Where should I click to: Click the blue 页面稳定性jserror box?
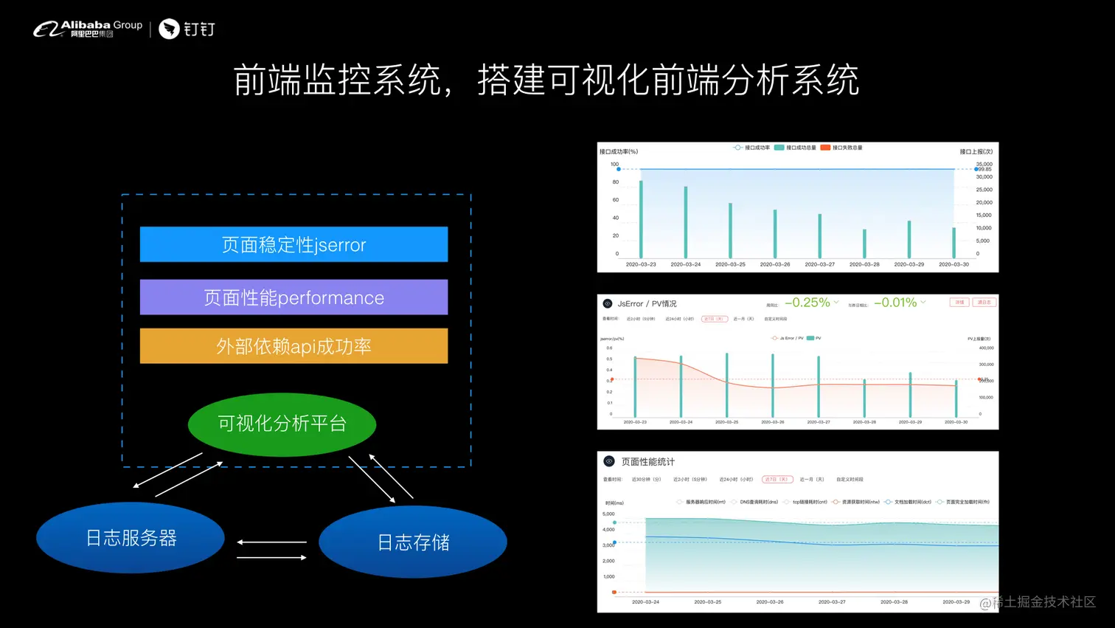click(293, 244)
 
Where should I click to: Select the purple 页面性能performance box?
click(293, 297)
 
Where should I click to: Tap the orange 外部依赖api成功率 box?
click(293, 346)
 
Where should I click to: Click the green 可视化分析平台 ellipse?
click(282, 424)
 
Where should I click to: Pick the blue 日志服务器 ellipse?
click(131, 538)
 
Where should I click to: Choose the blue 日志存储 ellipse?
click(413, 542)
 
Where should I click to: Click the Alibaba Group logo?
click(88, 29)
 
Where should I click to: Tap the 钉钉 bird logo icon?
click(169, 29)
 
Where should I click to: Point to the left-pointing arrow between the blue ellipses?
click(271, 542)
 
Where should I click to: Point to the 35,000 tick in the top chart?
click(984, 164)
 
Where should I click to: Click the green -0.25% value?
click(807, 303)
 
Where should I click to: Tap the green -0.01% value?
click(895, 303)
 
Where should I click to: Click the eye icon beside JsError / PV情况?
click(608, 303)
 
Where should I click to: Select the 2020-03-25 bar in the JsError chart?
click(726, 384)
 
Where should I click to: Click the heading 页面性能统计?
click(647, 462)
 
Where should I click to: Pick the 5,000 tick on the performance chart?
click(608, 514)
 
